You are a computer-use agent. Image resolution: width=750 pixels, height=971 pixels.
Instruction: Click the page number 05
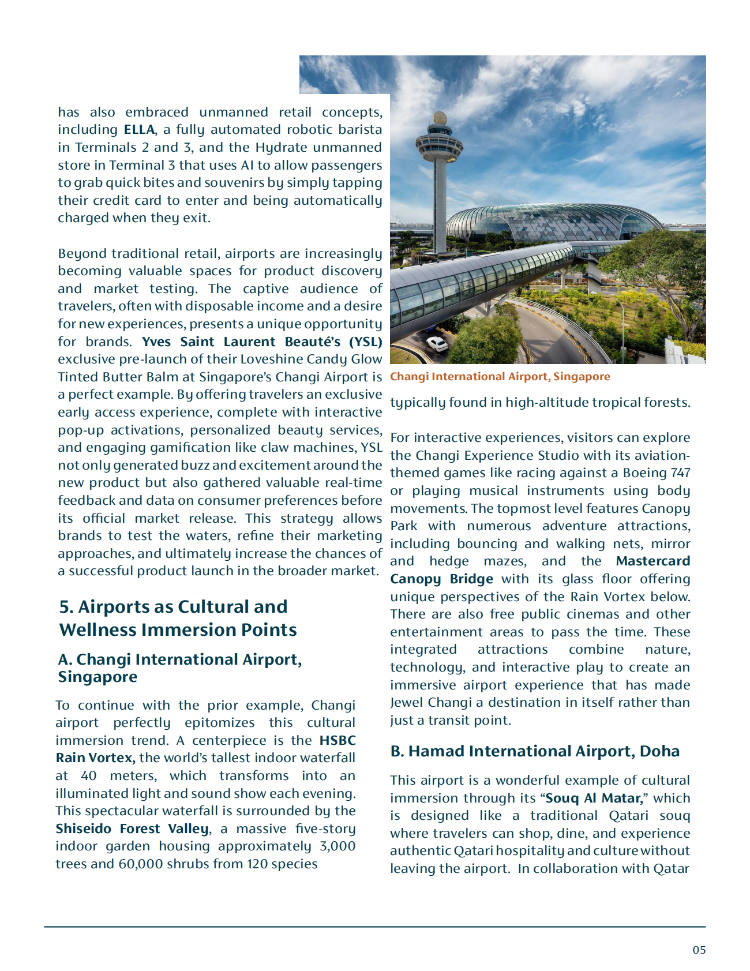(699, 950)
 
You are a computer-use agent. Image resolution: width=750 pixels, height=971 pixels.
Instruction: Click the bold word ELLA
(139, 130)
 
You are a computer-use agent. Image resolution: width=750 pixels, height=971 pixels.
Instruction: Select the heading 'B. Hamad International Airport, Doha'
(535, 751)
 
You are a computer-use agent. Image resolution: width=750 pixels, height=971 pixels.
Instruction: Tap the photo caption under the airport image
(500, 377)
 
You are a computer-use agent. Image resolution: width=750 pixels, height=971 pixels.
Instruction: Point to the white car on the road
(437, 344)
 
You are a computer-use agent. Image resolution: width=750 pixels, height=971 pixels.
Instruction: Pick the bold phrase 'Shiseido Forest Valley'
(132, 829)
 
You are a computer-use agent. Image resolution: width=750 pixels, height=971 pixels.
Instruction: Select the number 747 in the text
(680, 473)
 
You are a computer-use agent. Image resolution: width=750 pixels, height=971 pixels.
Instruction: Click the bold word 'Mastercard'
(652, 561)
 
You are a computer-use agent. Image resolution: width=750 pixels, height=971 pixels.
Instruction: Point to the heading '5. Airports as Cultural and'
(173, 607)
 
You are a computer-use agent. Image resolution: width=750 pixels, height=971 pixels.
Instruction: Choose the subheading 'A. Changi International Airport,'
(179, 659)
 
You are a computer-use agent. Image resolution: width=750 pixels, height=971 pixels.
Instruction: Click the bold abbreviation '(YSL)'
(365, 342)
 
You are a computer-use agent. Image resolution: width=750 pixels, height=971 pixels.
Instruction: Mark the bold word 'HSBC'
(337, 741)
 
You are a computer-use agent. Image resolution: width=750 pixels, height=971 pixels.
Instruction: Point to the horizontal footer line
(375, 927)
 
